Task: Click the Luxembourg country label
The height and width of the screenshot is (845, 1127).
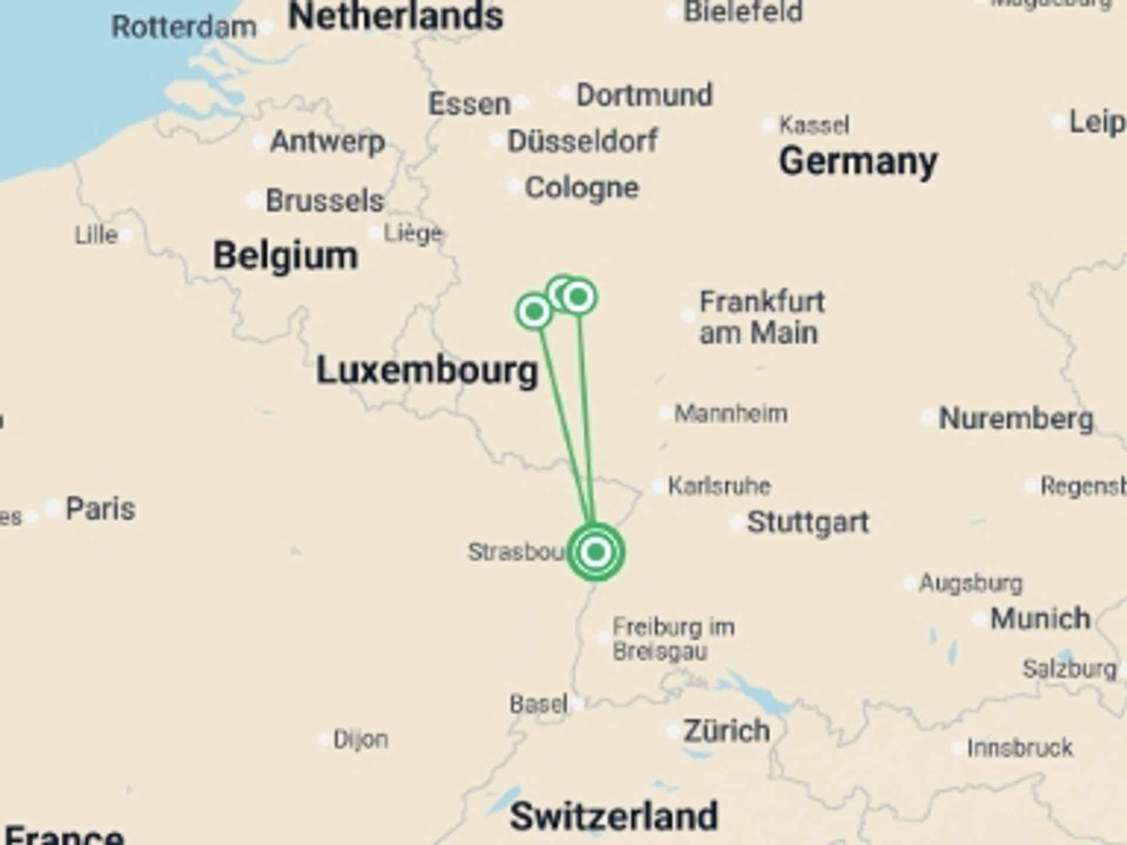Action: (427, 370)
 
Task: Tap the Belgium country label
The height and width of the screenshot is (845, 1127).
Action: (285, 256)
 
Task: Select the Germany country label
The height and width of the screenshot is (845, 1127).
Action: (858, 161)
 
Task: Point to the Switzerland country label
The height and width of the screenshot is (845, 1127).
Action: (613, 816)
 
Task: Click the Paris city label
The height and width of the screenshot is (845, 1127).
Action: (100, 508)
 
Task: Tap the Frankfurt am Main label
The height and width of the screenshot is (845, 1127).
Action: (761, 317)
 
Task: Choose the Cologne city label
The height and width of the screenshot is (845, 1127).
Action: (581, 188)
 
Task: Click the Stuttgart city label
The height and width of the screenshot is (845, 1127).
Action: (808, 522)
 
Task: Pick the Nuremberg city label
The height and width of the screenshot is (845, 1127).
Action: (1016, 418)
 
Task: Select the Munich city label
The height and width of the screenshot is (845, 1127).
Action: (1040, 618)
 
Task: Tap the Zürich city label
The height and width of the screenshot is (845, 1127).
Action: (727, 731)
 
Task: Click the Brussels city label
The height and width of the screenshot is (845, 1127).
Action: (325, 201)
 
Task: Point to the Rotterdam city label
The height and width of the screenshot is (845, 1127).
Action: (184, 27)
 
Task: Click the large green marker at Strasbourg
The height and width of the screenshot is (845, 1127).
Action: (596, 552)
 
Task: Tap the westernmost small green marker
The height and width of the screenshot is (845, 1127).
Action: (534, 312)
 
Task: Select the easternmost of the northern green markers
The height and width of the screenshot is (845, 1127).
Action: (579, 297)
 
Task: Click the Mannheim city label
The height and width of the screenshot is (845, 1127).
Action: (731, 414)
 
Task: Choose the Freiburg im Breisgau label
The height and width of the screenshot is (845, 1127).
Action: (673, 639)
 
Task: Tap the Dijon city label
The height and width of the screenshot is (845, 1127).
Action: (360, 739)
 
